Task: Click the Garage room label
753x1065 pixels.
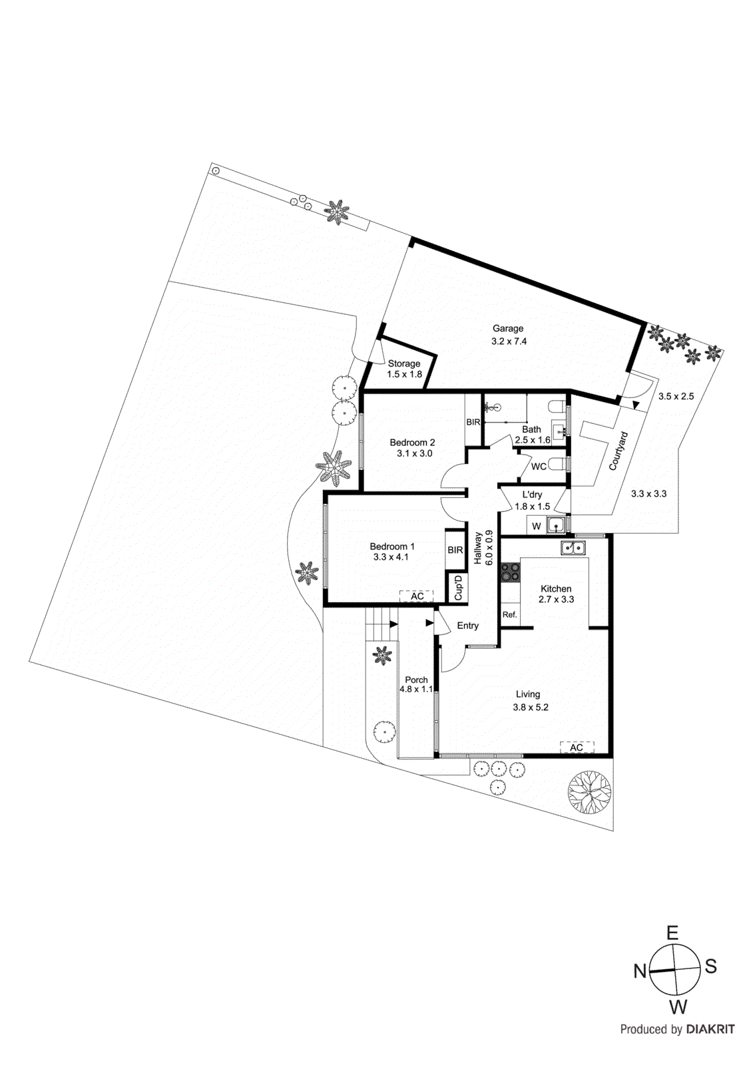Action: (508, 328)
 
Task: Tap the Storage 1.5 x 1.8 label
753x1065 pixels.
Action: (404, 369)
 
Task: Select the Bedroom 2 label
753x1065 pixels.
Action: (412, 443)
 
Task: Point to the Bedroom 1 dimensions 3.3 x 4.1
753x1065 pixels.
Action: (391, 557)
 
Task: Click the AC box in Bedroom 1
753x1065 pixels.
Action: (417, 596)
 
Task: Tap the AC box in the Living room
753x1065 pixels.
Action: (577, 747)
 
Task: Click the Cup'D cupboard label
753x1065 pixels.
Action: (458, 587)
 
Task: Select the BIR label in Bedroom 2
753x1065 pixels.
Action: (473, 423)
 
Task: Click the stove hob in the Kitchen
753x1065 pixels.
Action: (511, 572)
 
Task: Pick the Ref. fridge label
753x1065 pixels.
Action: (509, 614)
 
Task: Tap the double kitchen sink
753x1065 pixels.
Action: (573, 548)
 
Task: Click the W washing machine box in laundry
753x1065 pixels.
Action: (537, 526)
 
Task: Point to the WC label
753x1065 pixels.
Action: (539, 467)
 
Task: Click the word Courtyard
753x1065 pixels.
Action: (619, 451)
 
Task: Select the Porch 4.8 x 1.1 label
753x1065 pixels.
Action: (416, 684)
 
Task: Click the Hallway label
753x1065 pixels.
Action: (478, 548)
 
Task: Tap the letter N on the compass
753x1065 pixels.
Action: (640, 971)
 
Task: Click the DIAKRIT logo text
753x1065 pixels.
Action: (710, 1029)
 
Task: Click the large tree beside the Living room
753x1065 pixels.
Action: (589, 791)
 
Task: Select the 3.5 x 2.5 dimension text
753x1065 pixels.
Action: (676, 396)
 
